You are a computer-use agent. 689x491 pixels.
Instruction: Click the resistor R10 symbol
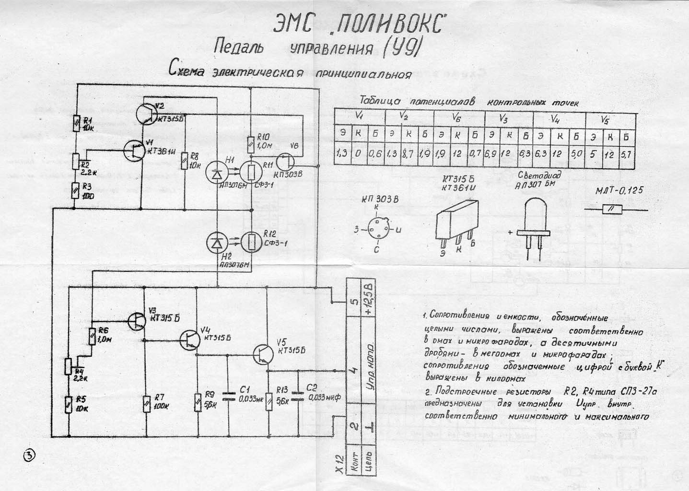250,143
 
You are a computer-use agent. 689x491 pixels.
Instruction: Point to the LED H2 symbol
216,243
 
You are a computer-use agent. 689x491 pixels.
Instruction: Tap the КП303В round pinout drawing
377,230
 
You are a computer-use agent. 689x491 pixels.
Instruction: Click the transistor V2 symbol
145,113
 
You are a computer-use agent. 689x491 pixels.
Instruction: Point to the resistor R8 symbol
185,161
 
